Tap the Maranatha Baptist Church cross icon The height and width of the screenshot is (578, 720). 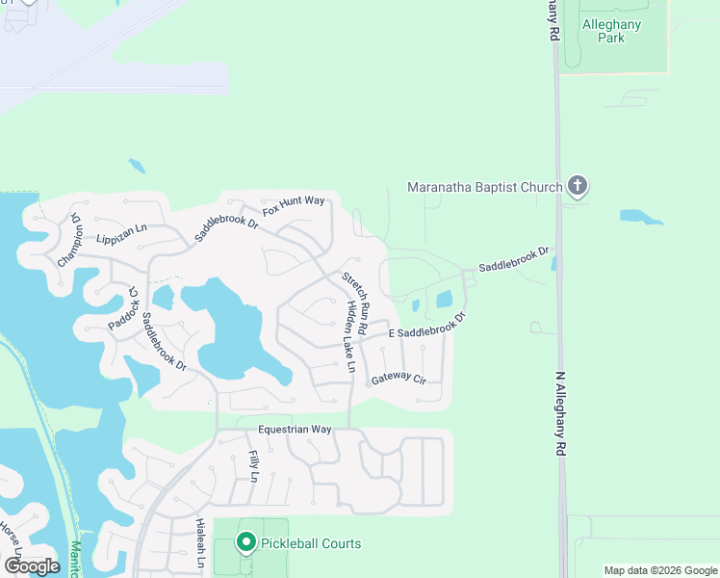coord(577,185)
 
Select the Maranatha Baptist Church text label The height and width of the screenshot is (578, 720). coord(484,187)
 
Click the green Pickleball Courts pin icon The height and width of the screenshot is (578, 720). coord(245,543)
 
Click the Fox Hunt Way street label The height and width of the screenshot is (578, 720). coord(295,205)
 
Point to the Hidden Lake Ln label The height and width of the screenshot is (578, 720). coord(348,337)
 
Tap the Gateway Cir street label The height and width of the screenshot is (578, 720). coord(399,378)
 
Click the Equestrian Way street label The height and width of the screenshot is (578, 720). coord(295,429)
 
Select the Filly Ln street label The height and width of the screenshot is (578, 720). coord(254,466)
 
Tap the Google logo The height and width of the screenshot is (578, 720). coord(32,566)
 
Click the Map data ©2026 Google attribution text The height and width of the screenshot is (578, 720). coord(660,570)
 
